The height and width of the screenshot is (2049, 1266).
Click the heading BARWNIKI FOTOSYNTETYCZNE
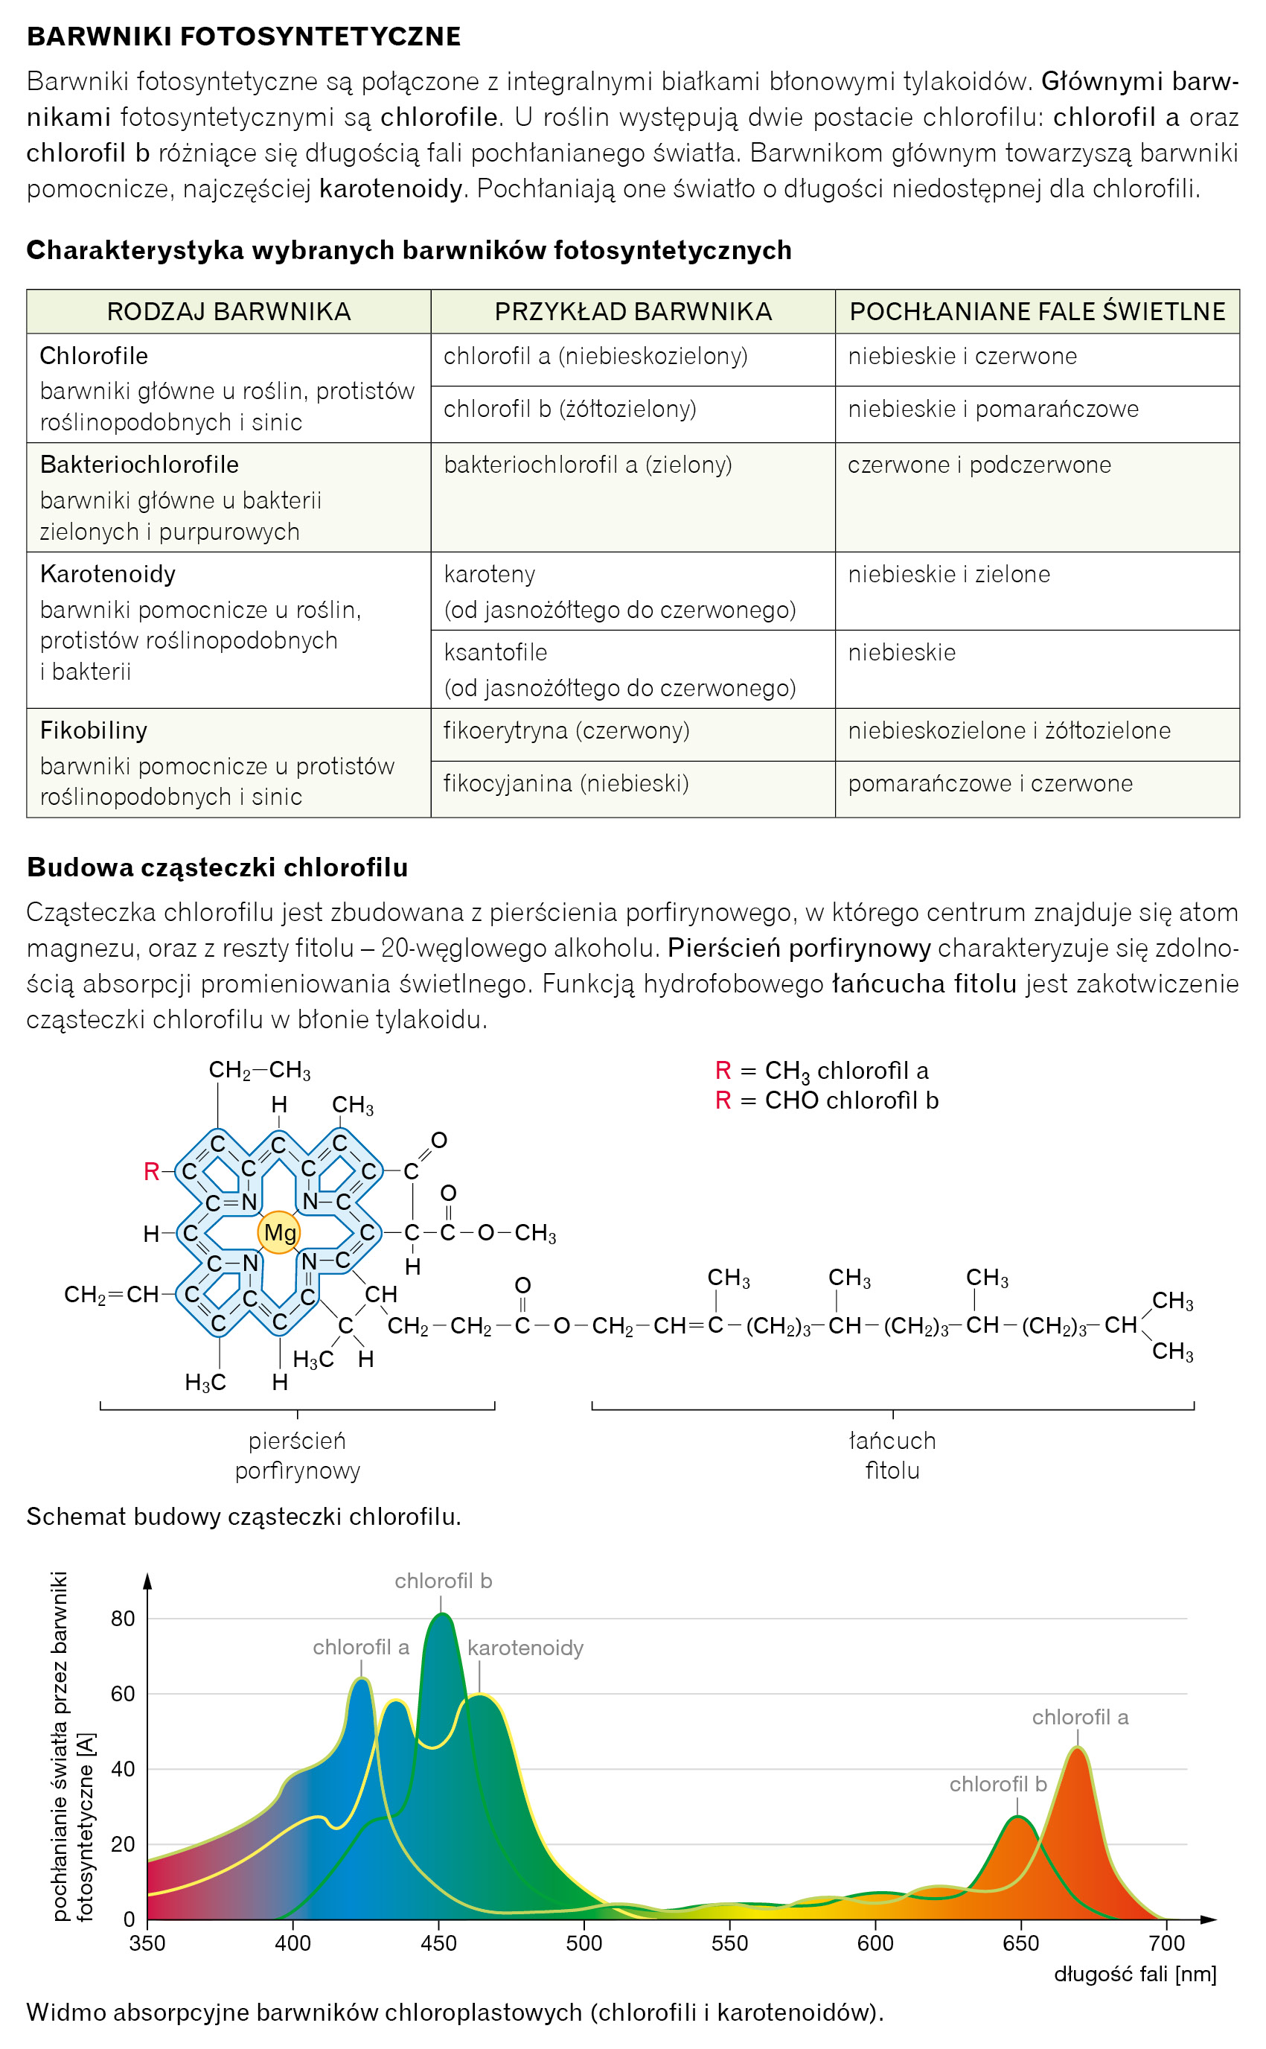pyautogui.click(x=243, y=36)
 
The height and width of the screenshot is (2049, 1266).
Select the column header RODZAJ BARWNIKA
pyautogui.click(x=228, y=311)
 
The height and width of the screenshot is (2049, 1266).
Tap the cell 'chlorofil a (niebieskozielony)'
pyautogui.click(x=595, y=357)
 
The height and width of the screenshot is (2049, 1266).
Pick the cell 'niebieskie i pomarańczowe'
pyautogui.click(x=993, y=410)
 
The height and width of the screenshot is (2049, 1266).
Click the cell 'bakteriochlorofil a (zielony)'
pyautogui.click(x=588, y=465)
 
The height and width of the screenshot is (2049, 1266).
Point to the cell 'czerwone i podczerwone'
pyautogui.click(x=979, y=465)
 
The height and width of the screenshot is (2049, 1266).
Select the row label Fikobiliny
pyautogui.click(x=94, y=730)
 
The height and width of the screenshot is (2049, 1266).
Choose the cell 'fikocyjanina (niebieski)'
pyautogui.click(x=566, y=784)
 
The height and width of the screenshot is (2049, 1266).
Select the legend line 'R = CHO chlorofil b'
pyautogui.click(x=826, y=1100)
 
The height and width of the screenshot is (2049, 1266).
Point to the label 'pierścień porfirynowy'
pyautogui.click(x=297, y=1456)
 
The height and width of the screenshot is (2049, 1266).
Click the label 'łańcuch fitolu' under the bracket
pyautogui.click(x=892, y=1456)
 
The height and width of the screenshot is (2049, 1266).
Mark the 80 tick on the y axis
pyautogui.click(x=123, y=1619)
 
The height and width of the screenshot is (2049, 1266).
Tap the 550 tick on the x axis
pyautogui.click(x=729, y=1943)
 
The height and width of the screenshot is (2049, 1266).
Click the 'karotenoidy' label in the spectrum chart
pyautogui.click(x=525, y=1648)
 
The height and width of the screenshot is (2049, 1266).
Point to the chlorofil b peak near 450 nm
pyautogui.click(x=441, y=1614)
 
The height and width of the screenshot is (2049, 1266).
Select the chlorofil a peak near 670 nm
pyautogui.click(x=1078, y=1748)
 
